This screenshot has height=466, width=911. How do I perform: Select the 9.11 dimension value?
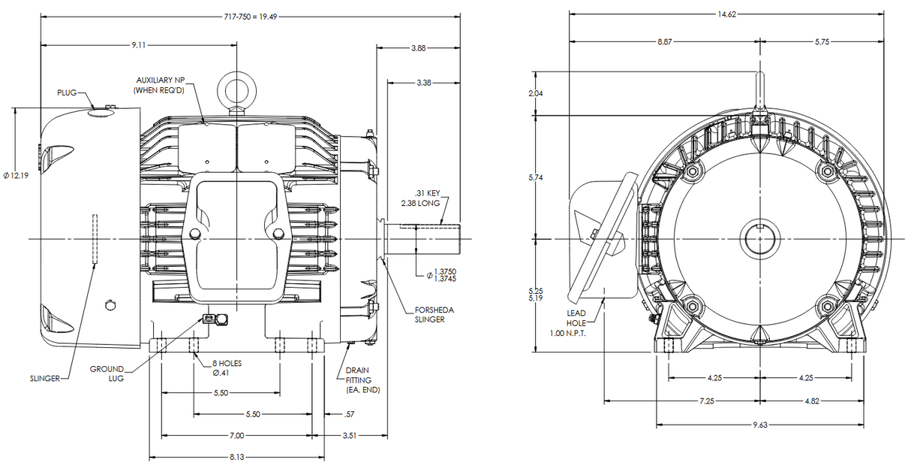pyautogui.click(x=139, y=46)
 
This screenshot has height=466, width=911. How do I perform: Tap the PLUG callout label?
pyautogui.click(x=67, y=92)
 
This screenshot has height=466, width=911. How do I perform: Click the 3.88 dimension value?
pyautogui.click(x=418, y=48)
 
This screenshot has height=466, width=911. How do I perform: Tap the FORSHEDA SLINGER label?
pyautogui.click(x=434, y=314)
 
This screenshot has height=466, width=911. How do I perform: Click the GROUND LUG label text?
pyautogui.click(x=107, y=374)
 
